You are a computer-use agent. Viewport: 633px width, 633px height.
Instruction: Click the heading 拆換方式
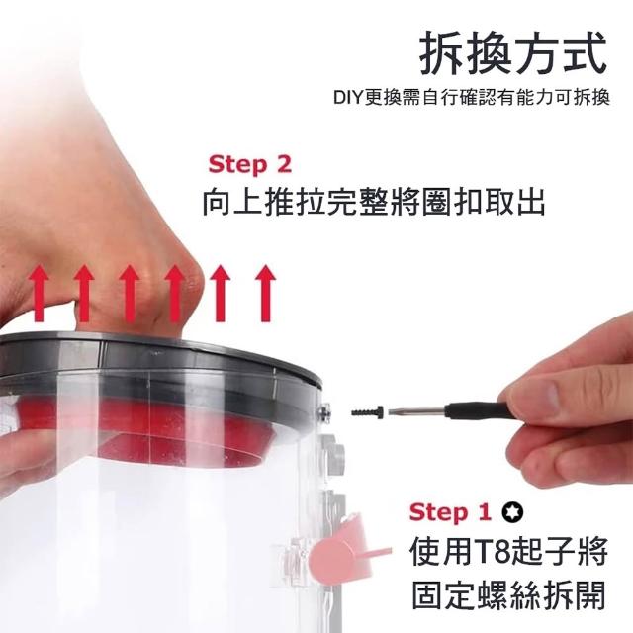click(513, 53)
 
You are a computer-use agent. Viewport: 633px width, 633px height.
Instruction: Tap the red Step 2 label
click(249, 165)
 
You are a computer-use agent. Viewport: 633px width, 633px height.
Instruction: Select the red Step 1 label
click(451, 512)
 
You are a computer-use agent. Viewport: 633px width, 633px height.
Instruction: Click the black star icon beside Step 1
click(512, 512)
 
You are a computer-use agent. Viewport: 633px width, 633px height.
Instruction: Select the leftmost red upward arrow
click(39, 294)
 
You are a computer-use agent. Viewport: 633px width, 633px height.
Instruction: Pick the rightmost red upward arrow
click(265, 294)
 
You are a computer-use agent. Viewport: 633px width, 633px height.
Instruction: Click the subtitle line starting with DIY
click(472, 98)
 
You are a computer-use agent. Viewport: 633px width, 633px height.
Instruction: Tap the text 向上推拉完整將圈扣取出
click(374, 201)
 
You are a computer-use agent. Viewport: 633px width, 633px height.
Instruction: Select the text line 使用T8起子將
click(508, 552)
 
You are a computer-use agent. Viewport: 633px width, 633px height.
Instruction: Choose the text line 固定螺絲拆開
click(508, 595)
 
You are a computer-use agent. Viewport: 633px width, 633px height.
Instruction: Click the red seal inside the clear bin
click(169, 428)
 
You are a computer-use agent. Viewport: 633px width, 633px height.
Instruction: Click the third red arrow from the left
click(130, 294)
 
